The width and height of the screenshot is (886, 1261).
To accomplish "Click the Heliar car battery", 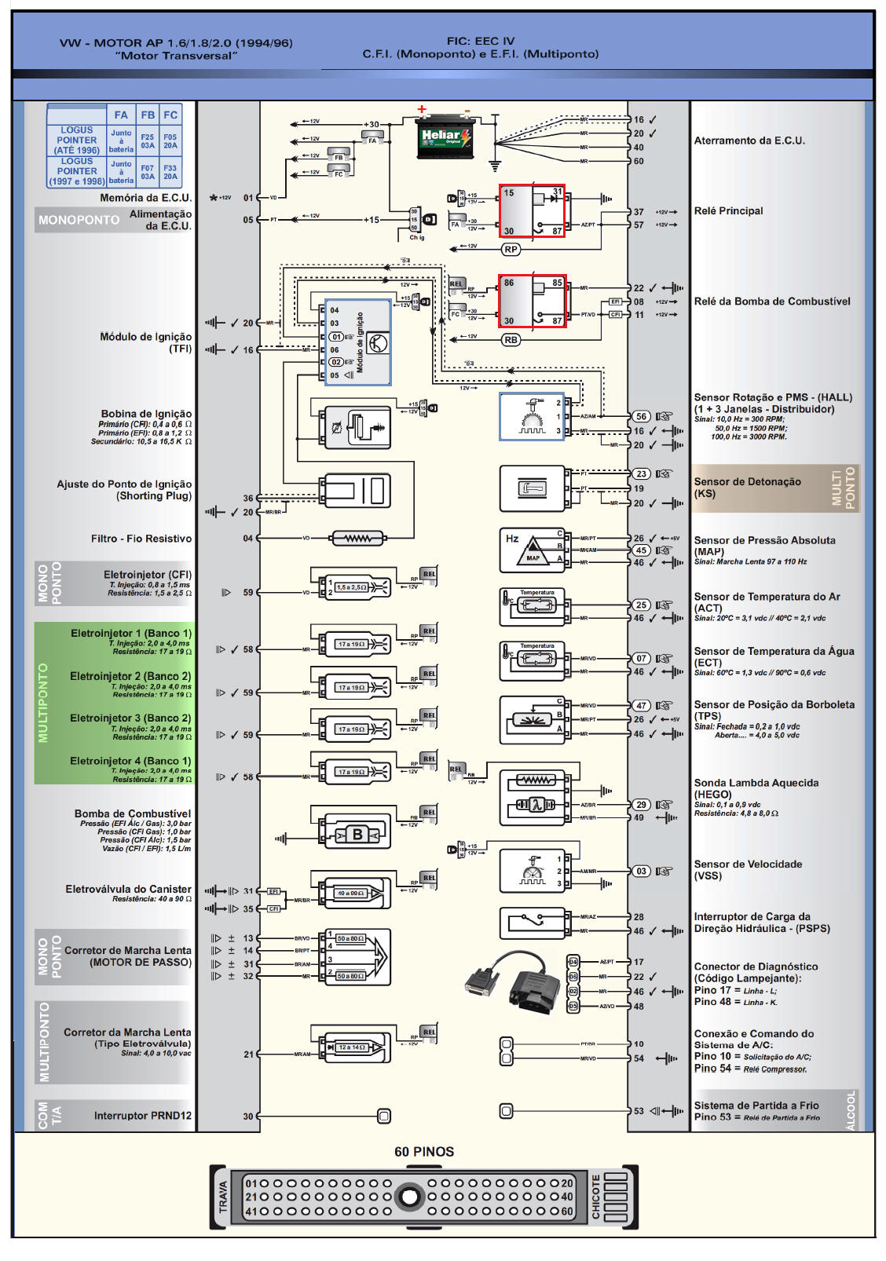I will tap(444, 139).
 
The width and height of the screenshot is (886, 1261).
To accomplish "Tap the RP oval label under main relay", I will tap(511, 249).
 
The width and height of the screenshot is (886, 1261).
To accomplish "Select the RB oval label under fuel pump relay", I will tap(511, 340).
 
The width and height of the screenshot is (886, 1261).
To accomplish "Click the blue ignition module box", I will tap(358, 342).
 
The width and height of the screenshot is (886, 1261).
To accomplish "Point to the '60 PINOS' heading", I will tap(424, 1152).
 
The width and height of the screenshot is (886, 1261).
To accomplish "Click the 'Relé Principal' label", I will tap(728, 210).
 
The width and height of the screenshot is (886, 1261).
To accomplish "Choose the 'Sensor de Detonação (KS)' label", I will tap(747, 488).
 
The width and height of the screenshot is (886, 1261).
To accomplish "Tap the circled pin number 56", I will tap(642, 417).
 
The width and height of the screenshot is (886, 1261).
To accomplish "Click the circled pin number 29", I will tap(642, 805).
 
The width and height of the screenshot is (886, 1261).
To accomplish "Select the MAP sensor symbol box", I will tap(532, 550).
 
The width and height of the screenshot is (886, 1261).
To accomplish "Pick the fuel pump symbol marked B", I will tap(357, 835).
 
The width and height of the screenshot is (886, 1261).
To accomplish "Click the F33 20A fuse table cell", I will tap(170, 172).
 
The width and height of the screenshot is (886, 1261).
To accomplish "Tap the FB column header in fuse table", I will tap(148, 115).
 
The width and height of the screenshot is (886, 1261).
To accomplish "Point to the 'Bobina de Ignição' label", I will tap(146, 414).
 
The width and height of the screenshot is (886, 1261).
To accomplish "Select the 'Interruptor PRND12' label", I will tap(142, 1116).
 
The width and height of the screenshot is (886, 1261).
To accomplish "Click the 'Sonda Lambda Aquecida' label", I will tap(756, 783).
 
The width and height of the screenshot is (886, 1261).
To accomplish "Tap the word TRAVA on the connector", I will tap(223, 1197).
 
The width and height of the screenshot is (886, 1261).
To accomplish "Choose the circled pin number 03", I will tap(642, 871).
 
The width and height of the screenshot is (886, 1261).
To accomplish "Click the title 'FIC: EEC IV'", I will tap(480, 41).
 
